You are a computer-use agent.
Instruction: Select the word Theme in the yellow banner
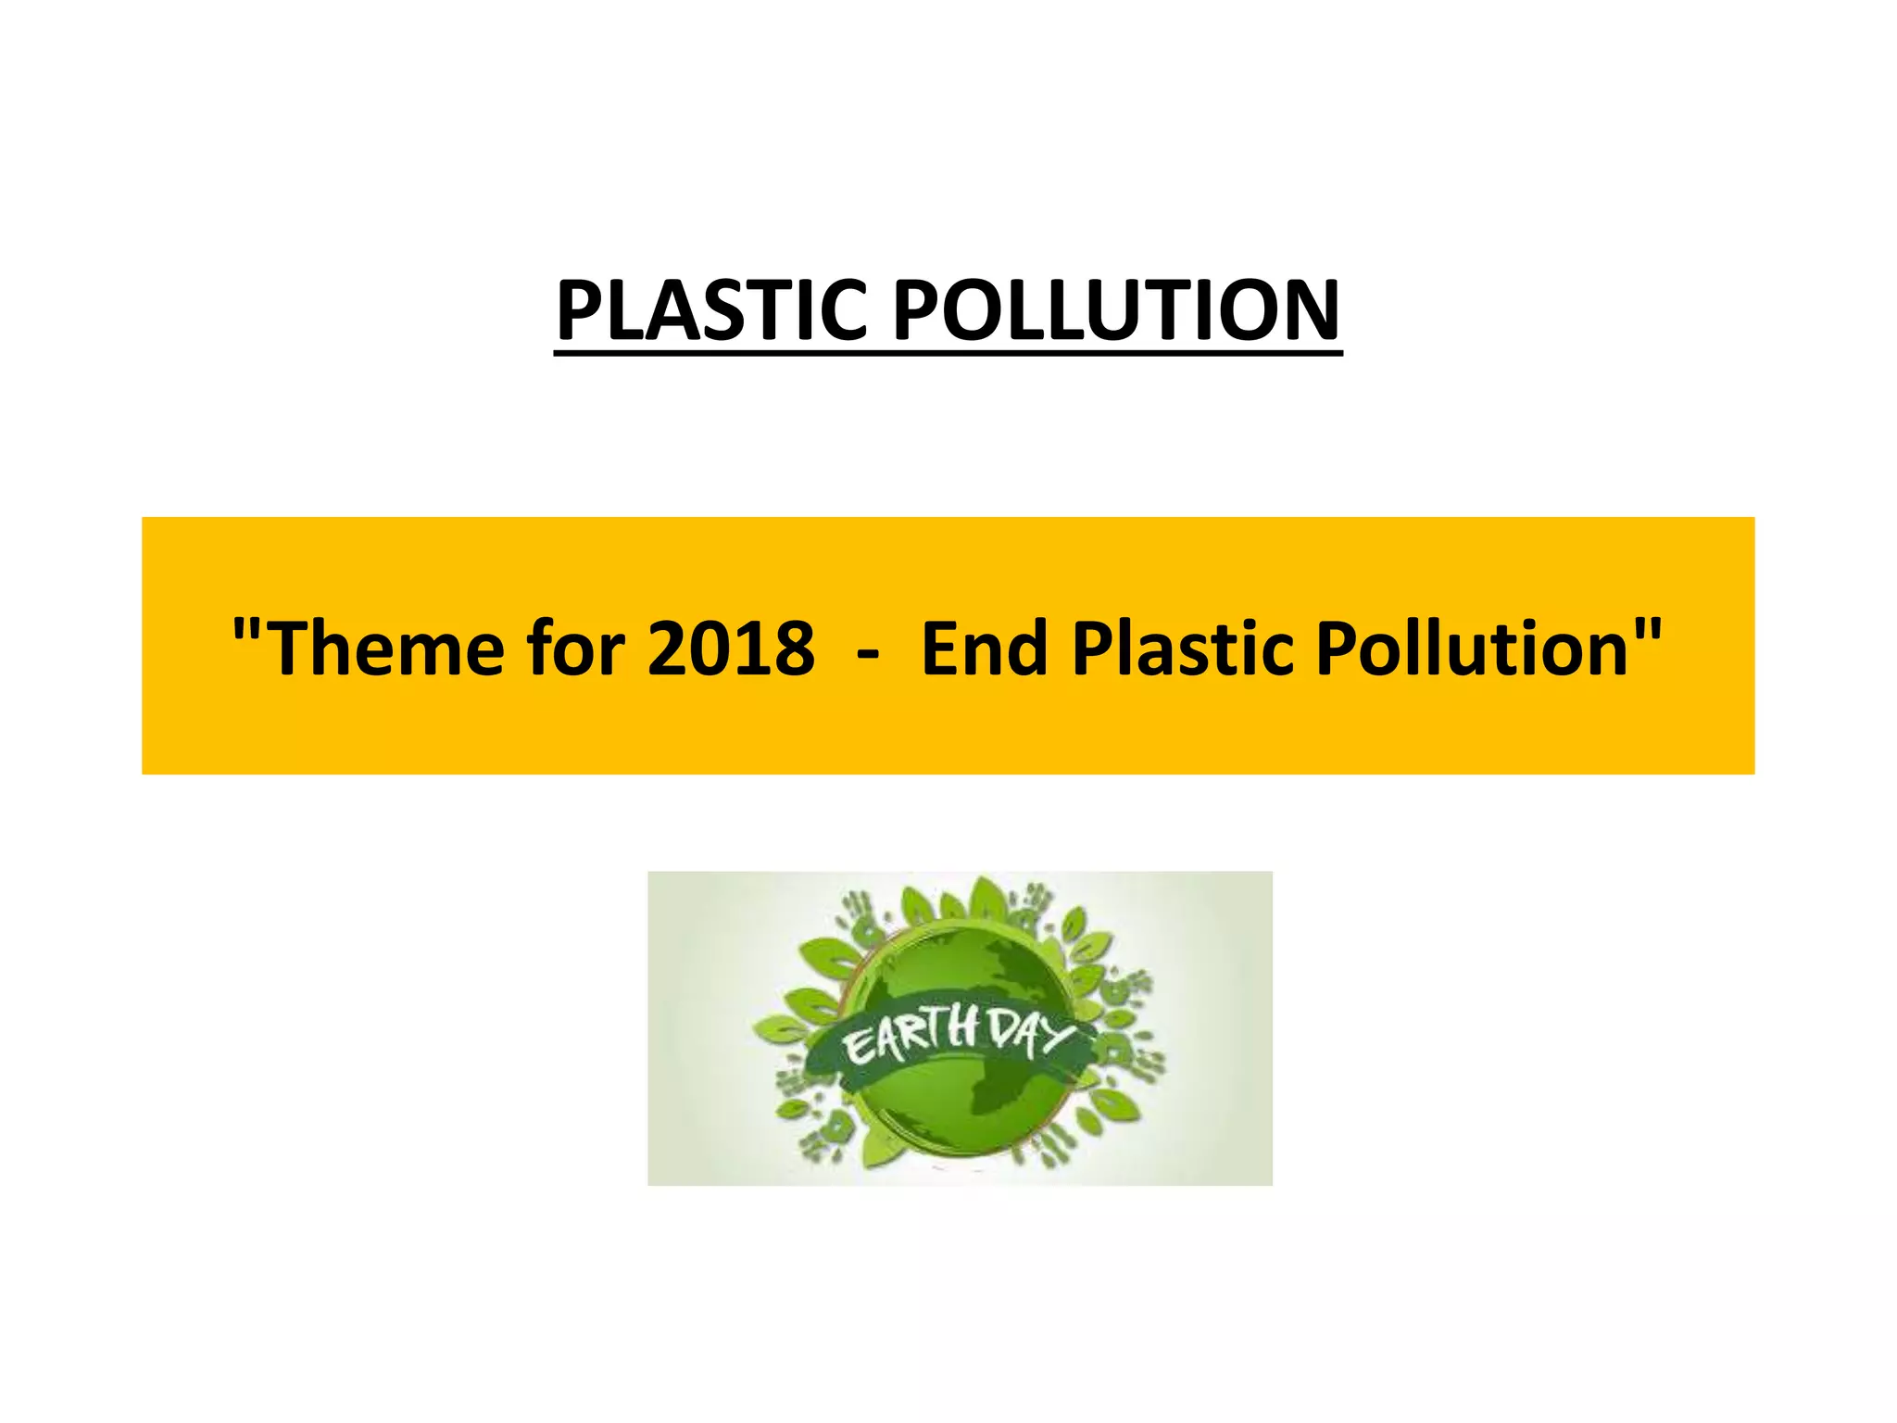[x=389, y=649]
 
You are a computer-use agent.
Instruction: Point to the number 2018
[x=731, y=649]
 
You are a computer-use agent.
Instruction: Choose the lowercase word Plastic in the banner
[x=1184, y=649]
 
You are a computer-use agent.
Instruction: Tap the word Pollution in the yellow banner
[x=1473, y=649]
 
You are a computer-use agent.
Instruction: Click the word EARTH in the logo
[x=911, y=1037]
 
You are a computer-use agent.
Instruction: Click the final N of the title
[x=1308, y=309]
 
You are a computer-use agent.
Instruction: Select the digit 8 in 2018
[x=794, y=649]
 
